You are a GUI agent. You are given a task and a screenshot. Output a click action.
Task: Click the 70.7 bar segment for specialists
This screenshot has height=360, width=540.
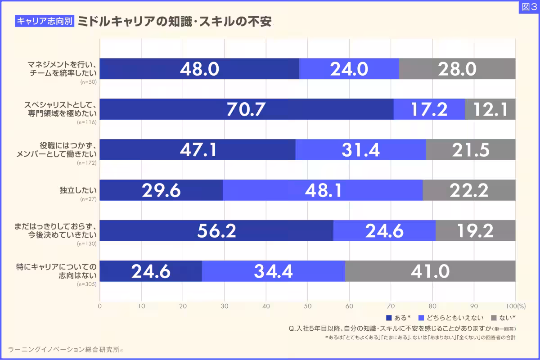tap(246, 109)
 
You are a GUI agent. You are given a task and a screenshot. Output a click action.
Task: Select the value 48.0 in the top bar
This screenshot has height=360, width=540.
tap(199, 69)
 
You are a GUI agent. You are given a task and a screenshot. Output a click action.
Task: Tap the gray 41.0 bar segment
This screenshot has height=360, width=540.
tap(430, 271)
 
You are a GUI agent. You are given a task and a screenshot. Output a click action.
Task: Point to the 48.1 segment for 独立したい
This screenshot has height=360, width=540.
tap(323, 190)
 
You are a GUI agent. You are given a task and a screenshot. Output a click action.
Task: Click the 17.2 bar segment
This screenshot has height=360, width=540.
tap(429, 109)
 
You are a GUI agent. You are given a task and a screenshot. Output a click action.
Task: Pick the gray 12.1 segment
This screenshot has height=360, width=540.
tap(490, 109)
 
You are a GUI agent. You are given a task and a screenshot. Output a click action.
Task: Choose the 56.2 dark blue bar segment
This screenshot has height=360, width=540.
tap(216, 231)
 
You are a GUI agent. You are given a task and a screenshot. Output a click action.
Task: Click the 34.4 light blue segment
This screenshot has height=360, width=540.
tap(273, 271)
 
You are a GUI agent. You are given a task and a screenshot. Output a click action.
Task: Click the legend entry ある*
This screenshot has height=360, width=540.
tap(399, 318)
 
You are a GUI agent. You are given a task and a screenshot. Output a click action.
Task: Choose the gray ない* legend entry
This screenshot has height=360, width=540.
tap(503, 318)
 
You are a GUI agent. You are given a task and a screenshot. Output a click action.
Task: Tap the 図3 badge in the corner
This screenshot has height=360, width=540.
tap(528, 7)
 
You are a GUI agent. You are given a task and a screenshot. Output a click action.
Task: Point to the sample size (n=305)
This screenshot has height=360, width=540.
tap(88, 284)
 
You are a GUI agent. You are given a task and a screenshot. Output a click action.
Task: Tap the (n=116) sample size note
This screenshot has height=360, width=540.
tap(88, 122)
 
